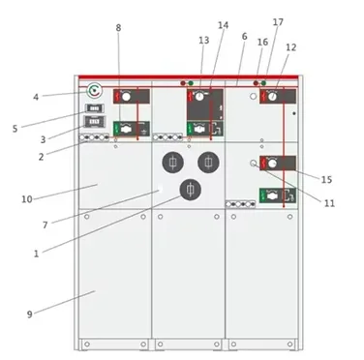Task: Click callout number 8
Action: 118,28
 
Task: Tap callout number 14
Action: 223,25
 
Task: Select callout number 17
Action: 278,22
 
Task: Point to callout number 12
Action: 290,47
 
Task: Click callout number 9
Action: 30,315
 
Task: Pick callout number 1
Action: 36,254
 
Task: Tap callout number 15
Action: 326,180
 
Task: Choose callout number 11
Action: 329,203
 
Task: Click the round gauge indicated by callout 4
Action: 94,91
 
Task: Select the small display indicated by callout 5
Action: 94,108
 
